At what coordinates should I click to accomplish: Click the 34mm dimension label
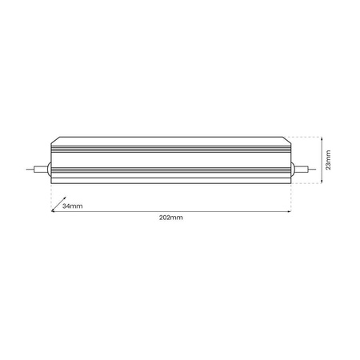click(72, 206)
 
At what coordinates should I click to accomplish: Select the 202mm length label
click(170, 218)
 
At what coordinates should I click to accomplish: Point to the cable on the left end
click(37, 170)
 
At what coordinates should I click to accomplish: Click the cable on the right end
click(305, 170)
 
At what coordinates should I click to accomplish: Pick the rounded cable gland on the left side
click(49, 170)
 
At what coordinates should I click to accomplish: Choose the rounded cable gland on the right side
click(293, 170)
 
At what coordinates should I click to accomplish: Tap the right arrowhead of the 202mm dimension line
click(289, 211)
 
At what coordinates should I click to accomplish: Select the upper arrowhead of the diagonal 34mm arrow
click(64, 200)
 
